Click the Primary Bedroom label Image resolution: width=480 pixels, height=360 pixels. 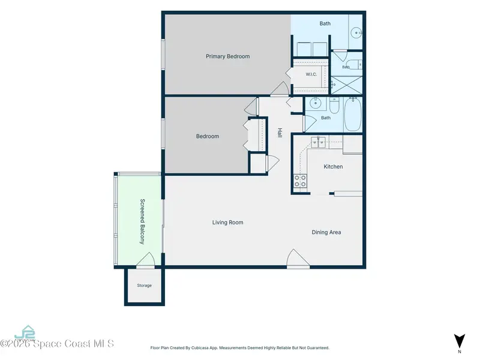227,56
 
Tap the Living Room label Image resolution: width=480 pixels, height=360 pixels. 228,223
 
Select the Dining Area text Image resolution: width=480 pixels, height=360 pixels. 326,232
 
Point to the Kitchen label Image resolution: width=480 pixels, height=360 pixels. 333,167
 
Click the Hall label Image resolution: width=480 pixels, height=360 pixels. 280,133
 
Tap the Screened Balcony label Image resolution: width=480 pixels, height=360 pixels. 142,221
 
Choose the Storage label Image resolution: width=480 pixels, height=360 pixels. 144,286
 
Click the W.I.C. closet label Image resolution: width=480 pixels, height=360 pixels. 311,74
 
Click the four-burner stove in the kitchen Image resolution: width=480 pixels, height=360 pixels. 301,181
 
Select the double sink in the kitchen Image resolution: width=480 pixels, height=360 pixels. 319,142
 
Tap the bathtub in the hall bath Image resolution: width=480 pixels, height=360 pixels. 353,115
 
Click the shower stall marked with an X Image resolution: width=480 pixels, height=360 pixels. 347,85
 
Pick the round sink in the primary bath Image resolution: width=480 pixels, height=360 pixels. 356,32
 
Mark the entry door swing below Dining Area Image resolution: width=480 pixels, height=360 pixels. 298,259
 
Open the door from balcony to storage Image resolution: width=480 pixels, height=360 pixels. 145,260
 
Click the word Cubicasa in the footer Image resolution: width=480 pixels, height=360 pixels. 200,348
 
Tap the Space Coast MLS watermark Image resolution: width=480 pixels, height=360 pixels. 57,344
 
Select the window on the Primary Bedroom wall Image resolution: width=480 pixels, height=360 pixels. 163,54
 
